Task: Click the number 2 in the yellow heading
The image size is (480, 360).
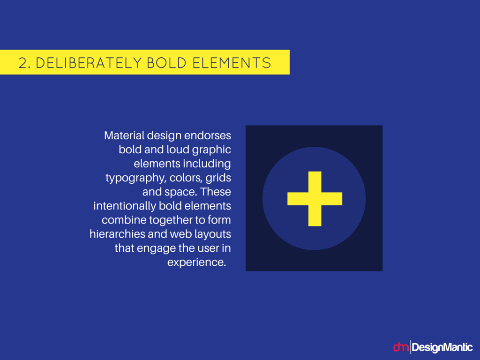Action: (22, 63)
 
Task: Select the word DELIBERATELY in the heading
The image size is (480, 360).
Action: (89, 63)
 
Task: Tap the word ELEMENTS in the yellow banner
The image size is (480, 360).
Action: (232, 63)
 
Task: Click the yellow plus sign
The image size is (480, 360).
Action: (315, 199)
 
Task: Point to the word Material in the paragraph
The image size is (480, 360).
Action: (124, 135)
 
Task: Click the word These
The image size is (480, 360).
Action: (216, 192)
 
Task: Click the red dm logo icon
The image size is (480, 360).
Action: (400, 347)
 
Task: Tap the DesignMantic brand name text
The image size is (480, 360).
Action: (442, 347)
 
